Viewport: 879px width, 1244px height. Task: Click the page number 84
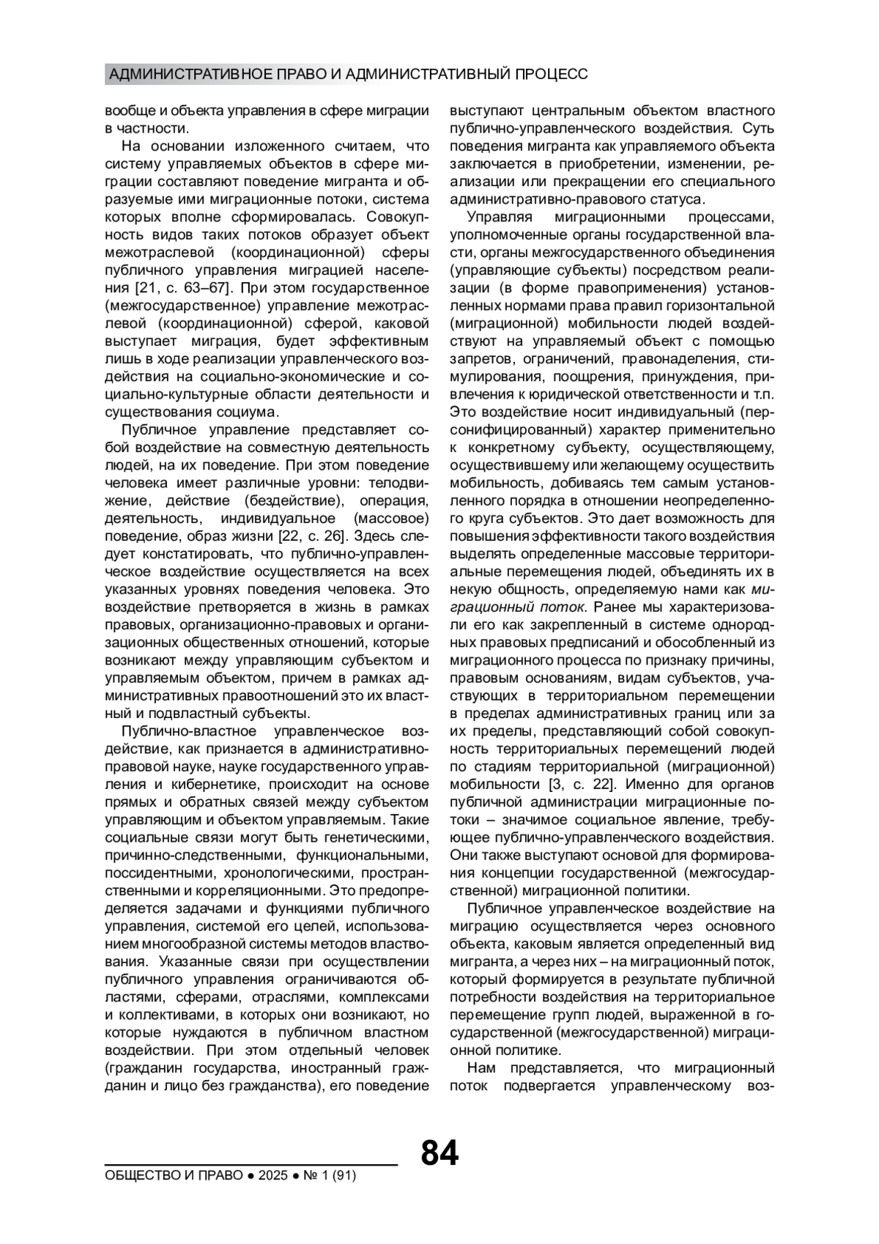pos(439,1153)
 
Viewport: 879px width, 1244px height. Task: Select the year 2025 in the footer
pos(272,1176)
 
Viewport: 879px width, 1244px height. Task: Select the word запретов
pos(477,359)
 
